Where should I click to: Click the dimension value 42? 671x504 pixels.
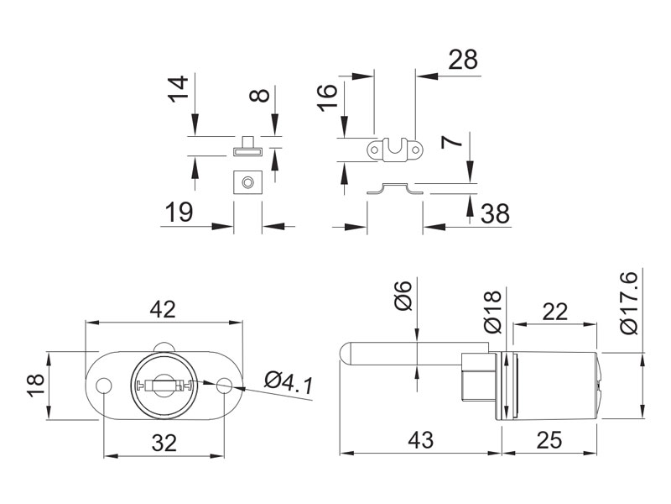[163, 309]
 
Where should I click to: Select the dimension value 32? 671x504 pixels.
[165, 443]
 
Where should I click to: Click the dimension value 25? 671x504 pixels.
[552, 439]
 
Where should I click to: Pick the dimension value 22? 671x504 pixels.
[554, 311]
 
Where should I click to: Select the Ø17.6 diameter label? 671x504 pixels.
[628, 303]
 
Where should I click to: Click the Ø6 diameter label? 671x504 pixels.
[403, 296]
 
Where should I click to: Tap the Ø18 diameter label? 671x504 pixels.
[492, 308]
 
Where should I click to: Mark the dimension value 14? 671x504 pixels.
[177, 87]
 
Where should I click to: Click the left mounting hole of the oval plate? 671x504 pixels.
[105, 386]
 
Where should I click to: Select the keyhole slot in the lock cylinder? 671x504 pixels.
[164, 386]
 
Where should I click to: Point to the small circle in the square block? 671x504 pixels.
[247, 181]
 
